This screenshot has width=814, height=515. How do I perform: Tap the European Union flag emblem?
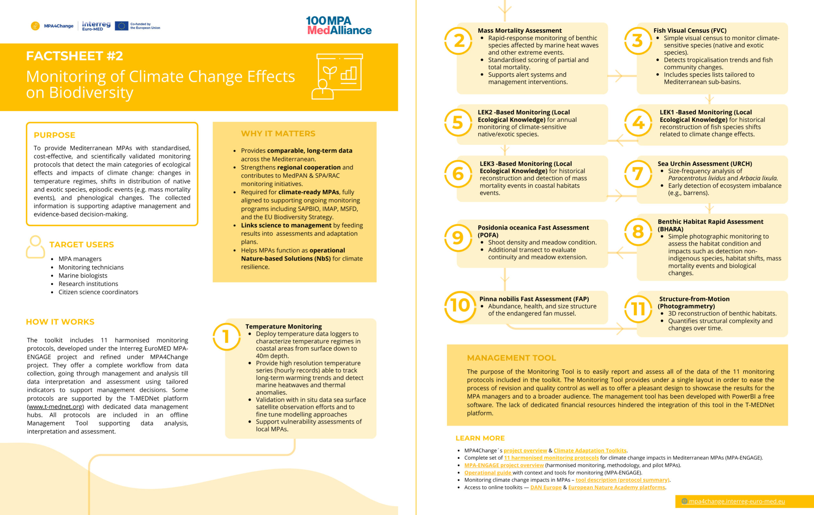pos(121,26)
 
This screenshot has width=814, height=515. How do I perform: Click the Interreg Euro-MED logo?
pos(96,26)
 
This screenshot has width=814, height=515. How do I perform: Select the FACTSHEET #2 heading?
pos(74,56)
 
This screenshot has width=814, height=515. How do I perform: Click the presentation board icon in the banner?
pos(338,76)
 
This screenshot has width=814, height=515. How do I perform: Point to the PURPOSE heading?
pos(54,135)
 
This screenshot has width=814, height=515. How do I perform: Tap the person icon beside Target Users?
pos(35,247)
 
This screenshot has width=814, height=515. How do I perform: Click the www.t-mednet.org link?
pos(55,407)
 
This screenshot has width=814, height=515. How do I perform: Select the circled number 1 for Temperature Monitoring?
pos(226,337)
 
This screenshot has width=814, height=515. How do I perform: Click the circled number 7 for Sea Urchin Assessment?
pos(638,174)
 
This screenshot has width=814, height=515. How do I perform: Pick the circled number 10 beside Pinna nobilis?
pos(460,306)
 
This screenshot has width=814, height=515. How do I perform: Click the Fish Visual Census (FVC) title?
pos(690,31)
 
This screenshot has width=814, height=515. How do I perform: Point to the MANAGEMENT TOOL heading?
pos(511,358)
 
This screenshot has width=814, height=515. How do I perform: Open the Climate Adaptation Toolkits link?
pos(590,450)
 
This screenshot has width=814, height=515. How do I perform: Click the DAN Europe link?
pos(546,487)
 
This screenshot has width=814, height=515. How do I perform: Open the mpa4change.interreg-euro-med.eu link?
pos(737,501)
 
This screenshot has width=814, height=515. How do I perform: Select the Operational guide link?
pos(487,472)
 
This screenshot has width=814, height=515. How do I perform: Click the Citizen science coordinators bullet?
pos(98,292)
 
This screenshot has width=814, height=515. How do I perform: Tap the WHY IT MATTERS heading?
pos(278,134)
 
